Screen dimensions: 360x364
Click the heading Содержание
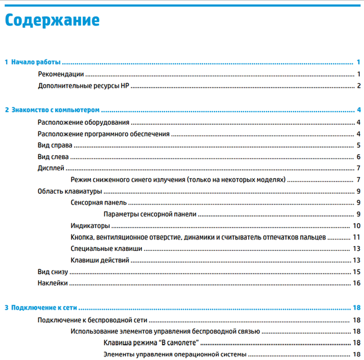[x=52, y=20]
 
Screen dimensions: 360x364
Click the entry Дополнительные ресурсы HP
[x=83, y=85]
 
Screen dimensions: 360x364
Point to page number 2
[x=358, y=85]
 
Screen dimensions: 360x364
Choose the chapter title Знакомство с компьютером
[x=55, y=110]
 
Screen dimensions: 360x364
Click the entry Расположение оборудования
[x=79, y=122]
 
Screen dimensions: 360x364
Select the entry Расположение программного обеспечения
[x=103, y=134]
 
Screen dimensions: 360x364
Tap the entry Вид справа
[x=55, y=145]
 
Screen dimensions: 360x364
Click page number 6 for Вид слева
[x=358, y=157]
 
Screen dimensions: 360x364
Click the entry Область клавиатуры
[x=70, y=191]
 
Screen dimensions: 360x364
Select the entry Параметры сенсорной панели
[x=150, y=214]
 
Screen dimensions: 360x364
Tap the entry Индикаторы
[x=90, y=226]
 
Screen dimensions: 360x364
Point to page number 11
[x=356, y=237]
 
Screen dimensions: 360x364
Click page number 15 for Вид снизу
[x=356, y=272]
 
